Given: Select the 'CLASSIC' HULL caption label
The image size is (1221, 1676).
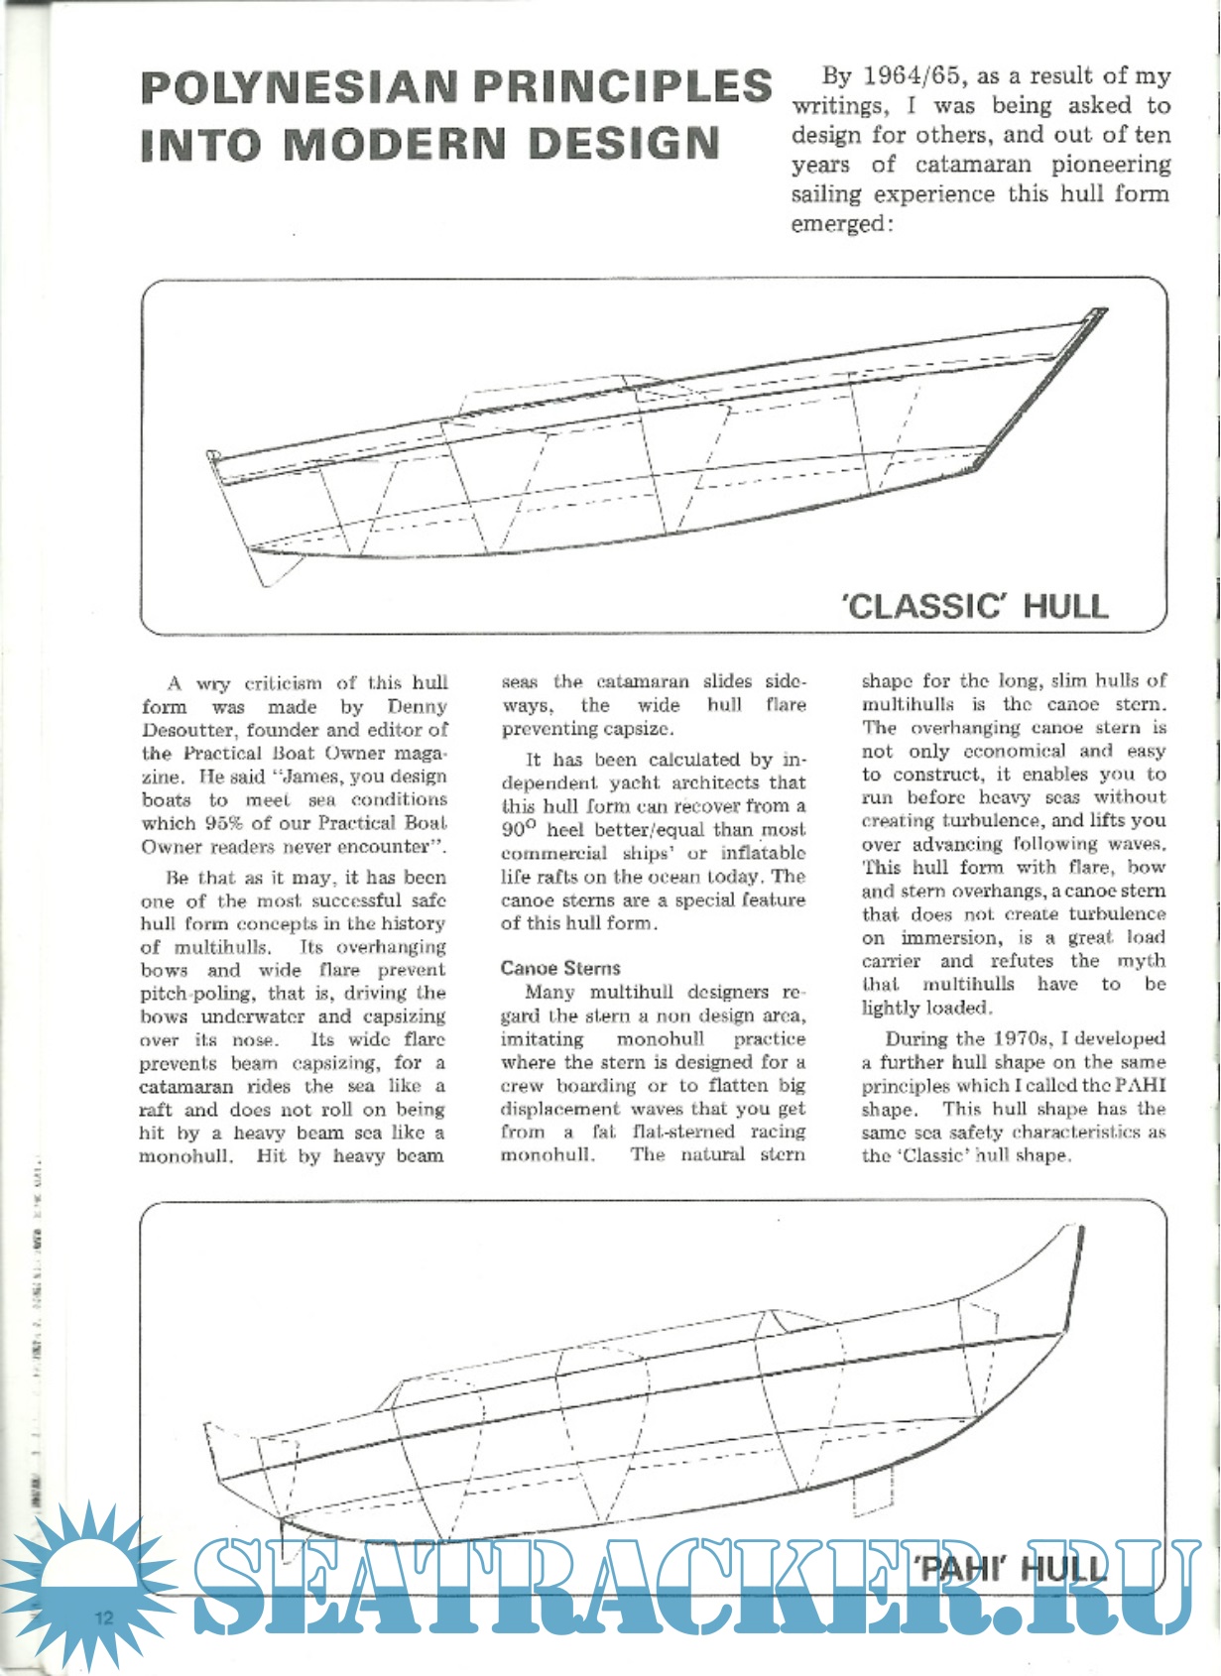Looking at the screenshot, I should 975,605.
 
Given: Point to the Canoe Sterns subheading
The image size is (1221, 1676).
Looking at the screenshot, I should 560,968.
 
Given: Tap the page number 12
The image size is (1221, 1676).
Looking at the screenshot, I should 104,1616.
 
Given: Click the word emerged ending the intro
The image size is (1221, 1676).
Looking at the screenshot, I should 836,224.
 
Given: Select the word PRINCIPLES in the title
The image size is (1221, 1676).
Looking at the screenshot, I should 623,87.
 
